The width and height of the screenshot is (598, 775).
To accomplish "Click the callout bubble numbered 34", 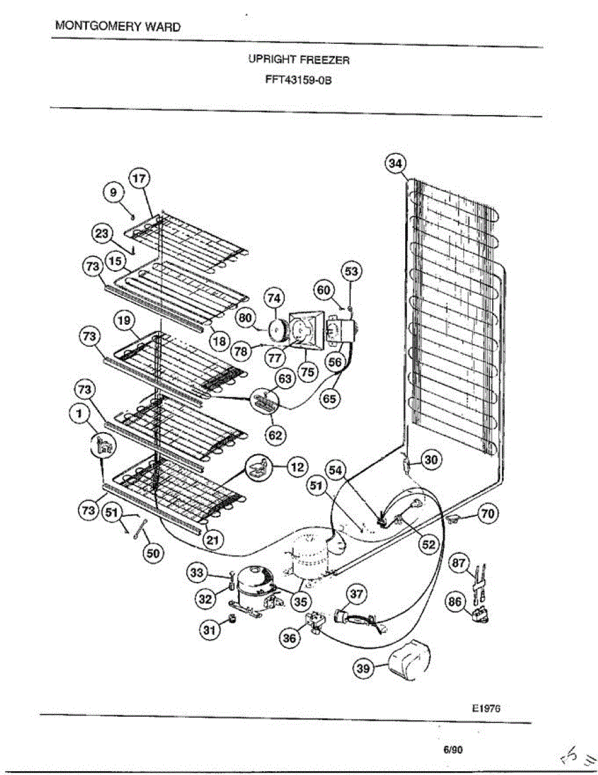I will pos(395,164).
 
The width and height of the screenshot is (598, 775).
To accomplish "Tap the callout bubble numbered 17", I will pos(139,178).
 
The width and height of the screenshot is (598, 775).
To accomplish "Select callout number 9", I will pos(114,192).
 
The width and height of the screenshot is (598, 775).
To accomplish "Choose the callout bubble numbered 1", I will pos(80,417).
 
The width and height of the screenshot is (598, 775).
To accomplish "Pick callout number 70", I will pos(488,514).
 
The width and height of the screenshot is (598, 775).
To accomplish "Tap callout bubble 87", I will pos(459,563).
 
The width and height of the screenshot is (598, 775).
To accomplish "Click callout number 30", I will pos(430,459).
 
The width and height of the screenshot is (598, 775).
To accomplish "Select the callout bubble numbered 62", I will pos(275,435).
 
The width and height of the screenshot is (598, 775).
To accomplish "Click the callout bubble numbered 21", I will pos(211,540).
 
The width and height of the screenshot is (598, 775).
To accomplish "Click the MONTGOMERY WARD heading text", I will pos(118,26).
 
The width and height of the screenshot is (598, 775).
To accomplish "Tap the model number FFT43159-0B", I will pos(299,81).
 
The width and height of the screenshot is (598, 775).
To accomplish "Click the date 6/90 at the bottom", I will pos(453,750).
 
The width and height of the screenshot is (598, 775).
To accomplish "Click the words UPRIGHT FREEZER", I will pos(299,59).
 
